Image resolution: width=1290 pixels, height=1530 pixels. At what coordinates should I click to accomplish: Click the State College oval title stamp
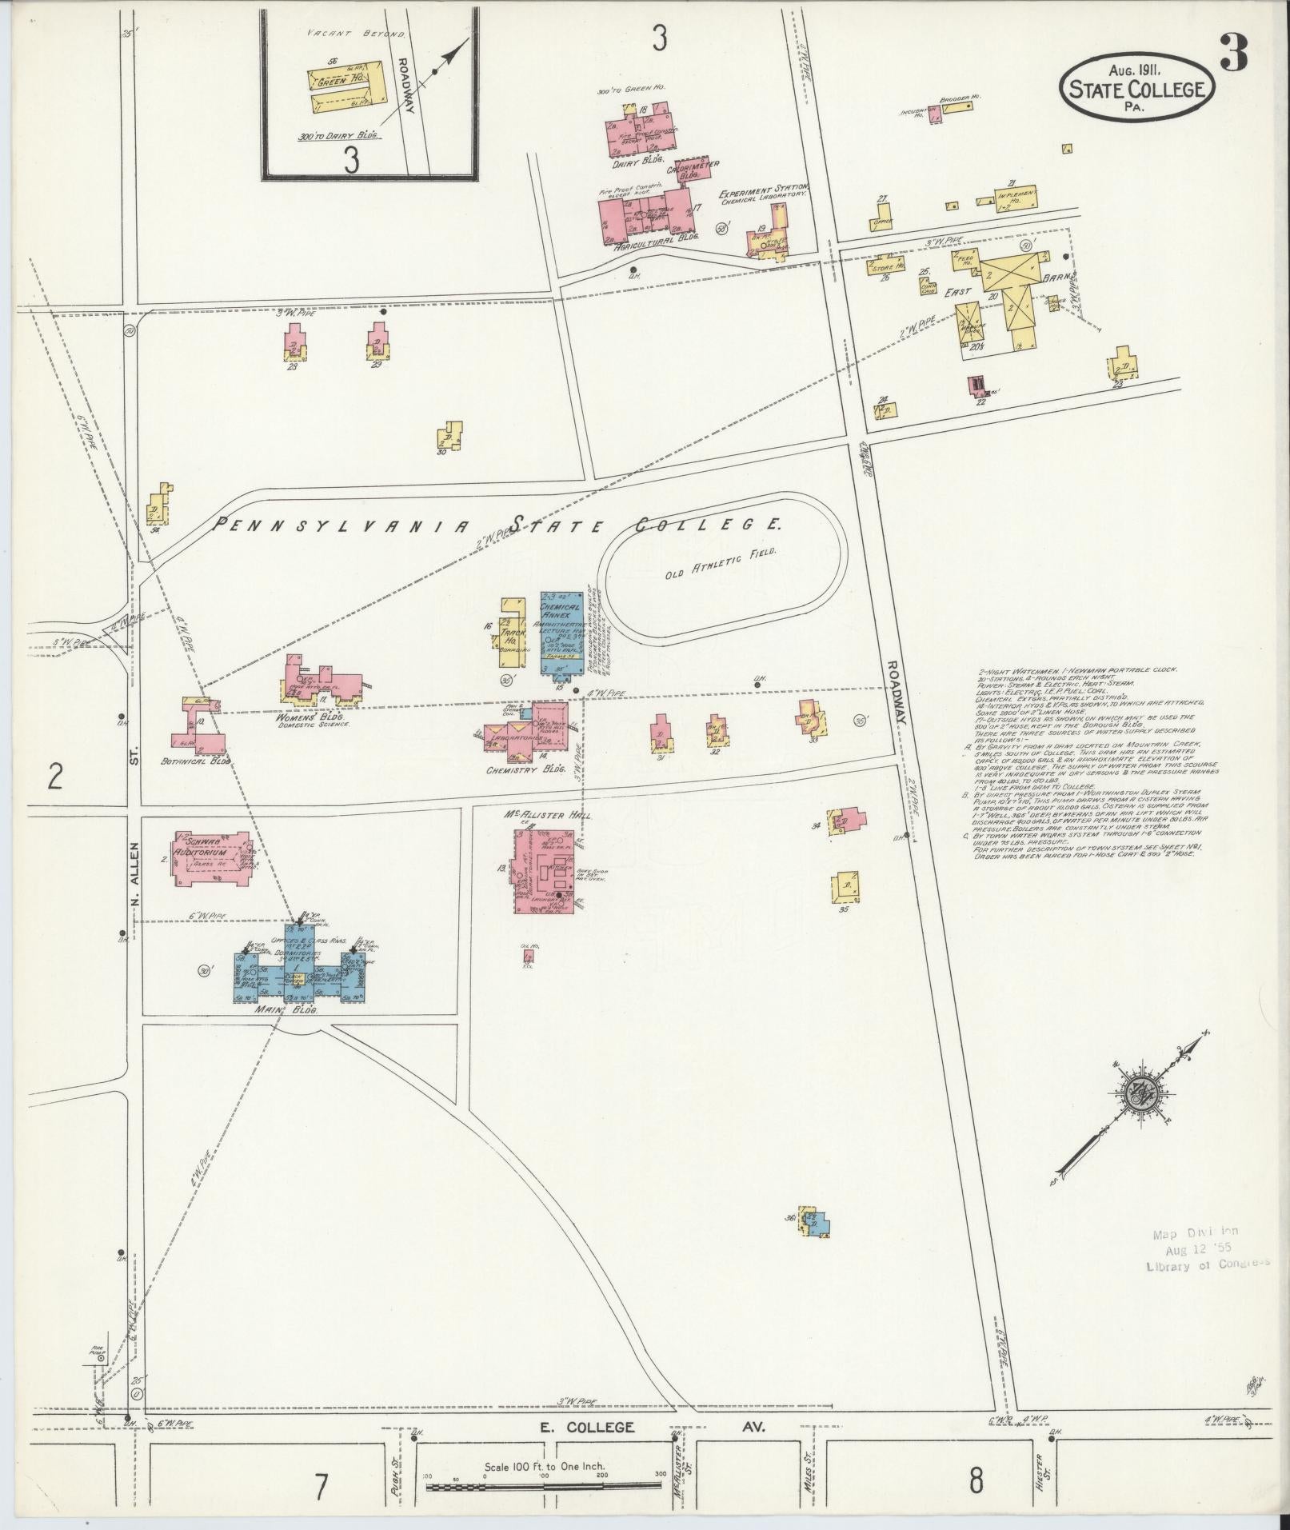tap(1138, 89)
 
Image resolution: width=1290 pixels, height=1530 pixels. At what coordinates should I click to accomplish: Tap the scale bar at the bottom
tap(544, 1487)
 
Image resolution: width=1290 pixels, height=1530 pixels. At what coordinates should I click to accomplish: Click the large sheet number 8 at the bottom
tap(976, 1481)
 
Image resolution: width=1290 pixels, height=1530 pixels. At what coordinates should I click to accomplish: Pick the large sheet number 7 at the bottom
tap(321, 1487)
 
